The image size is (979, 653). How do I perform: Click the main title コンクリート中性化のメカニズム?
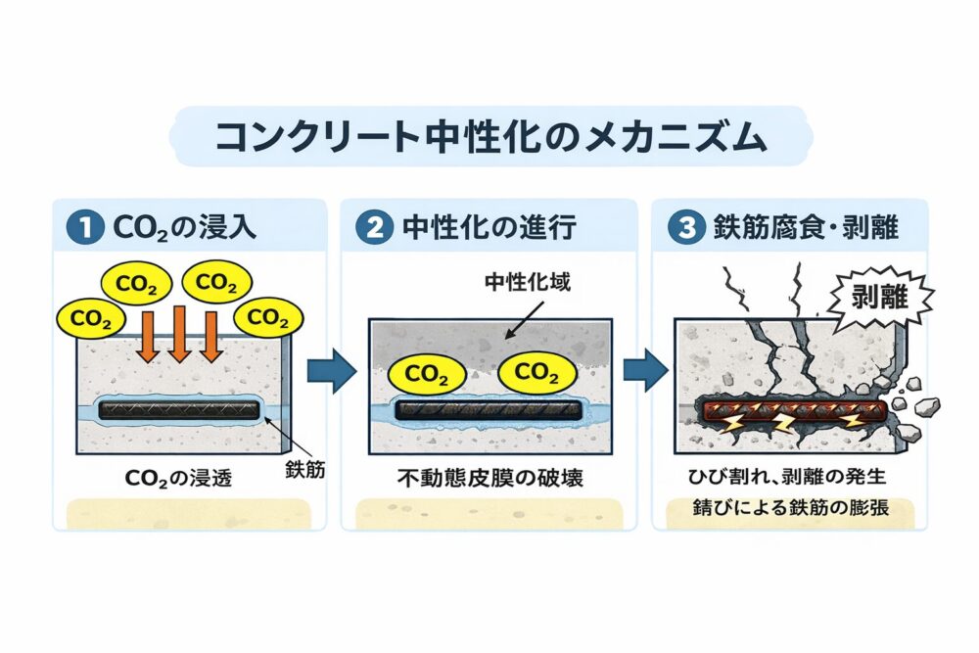(x=489, y=137)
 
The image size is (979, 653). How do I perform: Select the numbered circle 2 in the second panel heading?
(x=375, y=228)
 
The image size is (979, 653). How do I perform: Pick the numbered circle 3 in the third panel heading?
(x=680, y=228)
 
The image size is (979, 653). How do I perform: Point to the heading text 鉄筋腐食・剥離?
(x=801, y=228)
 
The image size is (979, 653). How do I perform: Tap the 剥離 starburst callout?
(x=873, y=294)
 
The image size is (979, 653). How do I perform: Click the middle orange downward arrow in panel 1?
(x=178, y=334)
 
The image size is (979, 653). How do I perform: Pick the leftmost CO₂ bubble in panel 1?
(x=91, y=318)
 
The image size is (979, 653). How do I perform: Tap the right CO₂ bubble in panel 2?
(x=537, y=372)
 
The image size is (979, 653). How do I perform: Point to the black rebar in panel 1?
(x=178, y=410)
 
